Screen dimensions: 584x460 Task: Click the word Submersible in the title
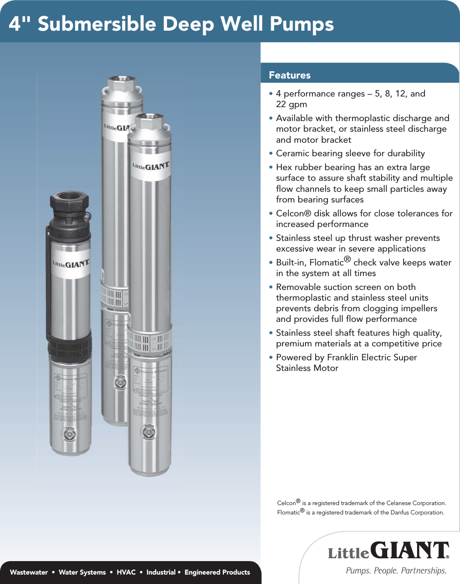click(x=97, y=24)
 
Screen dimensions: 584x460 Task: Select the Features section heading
click(x=289, y=75)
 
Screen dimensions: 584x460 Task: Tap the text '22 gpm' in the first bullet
click(x=291, y=104)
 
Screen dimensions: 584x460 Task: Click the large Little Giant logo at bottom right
click(x=388, y=550)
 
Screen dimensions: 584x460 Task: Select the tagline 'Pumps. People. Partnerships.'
click(x=396, y=571)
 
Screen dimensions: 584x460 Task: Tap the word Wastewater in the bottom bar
click(x=29, y=572)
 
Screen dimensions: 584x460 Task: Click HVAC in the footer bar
click(x=126, y=572)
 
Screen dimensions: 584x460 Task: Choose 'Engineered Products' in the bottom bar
click(x=217, y=572)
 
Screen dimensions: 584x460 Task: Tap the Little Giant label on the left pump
click(x=71, y=264)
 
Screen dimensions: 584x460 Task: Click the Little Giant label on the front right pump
click(x=150, y=166)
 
